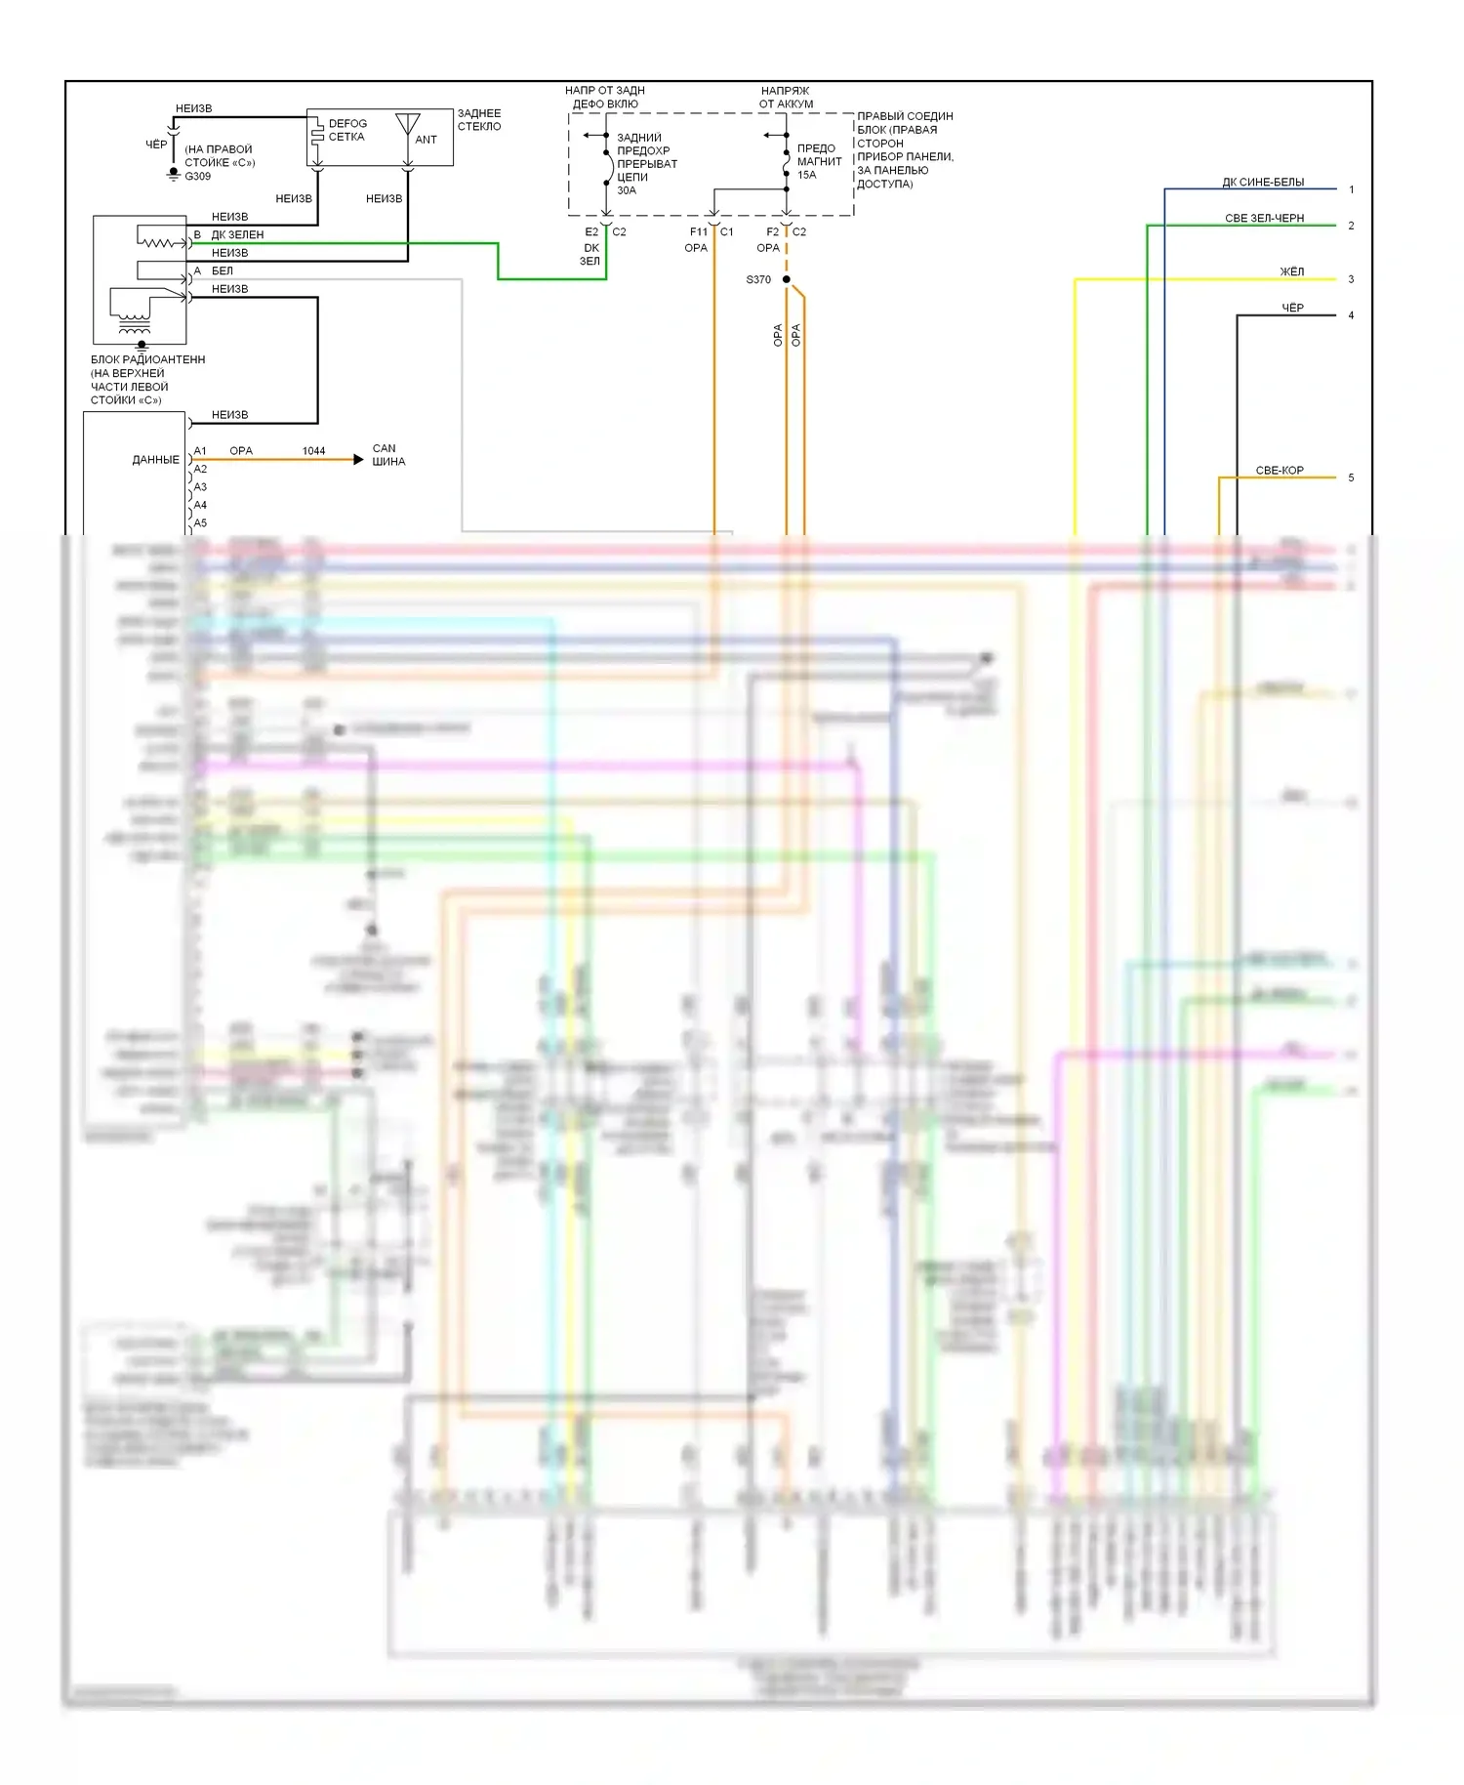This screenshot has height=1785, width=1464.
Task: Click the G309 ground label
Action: click(197, 177)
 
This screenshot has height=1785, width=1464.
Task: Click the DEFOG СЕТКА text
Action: click(347, 130)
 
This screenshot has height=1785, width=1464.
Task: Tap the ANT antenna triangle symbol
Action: click(408, 124)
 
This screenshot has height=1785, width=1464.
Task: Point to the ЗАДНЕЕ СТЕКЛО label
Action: click(479, 120)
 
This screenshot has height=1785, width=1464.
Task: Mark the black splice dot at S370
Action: click(787, 279)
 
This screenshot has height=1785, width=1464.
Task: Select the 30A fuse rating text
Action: click(627, 190)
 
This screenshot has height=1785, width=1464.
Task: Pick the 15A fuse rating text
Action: click(807, 175)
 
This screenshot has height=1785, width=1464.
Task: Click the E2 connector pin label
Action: click(591, 232)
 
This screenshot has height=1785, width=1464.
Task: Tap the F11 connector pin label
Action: click(699, 232)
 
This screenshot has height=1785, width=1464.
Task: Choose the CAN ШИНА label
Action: click(387, 455)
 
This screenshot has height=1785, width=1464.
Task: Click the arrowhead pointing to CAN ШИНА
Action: click(358, 459)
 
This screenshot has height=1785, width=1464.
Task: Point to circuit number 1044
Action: click(313, 451)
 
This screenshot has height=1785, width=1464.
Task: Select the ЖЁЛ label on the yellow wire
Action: click(1291, 271)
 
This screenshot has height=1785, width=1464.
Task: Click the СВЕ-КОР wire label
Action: click(1280, 471)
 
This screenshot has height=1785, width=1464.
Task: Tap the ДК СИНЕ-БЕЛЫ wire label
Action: click(1263, 183)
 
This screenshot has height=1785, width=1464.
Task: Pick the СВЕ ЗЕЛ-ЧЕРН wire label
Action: click(1264, 219)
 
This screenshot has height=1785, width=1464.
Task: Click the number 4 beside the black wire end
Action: click(1351, 315)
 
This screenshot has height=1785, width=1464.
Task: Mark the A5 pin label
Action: click(200, 523)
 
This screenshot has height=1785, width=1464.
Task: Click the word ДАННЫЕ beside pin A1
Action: click(156, 460)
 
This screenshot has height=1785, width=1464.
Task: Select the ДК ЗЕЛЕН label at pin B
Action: click(237, 235)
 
